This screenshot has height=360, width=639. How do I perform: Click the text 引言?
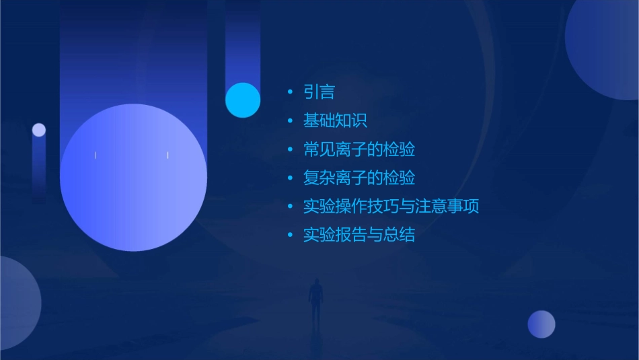tap(319, 92)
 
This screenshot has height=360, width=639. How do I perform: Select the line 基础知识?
tap(335, 121)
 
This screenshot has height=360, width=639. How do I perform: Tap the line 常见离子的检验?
tap(359, 149)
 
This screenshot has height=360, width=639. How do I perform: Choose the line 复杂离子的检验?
tap(359, 178)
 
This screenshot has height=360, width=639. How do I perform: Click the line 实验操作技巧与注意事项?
tap(391, 206)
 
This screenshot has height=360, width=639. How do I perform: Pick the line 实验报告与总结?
tap(359, 234)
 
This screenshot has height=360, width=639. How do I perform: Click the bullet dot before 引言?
tap(290, 92)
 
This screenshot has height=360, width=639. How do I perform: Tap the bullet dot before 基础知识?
tap(290, 121)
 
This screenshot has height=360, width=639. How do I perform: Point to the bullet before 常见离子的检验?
tap(290, 149)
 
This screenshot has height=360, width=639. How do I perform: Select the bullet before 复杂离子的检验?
tap(290, 178)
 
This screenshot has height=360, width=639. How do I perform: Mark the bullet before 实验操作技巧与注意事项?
tap(290, 206)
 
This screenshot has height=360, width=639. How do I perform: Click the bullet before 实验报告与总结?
tap(290, 234)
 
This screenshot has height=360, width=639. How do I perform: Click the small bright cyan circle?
tap(243, 100)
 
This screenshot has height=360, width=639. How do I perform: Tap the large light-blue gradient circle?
tap(133, 178)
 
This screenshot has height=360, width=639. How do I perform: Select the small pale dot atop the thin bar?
tap(39, 130)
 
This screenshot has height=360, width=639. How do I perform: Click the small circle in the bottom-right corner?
tap(541, 324)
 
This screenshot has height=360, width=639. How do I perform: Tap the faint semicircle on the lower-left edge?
tap(17, 303)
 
